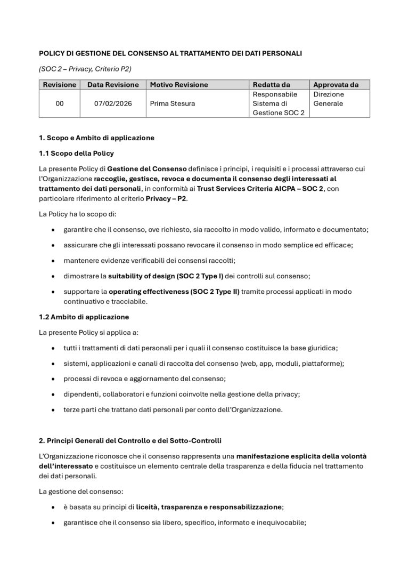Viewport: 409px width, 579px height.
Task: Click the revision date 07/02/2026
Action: (x=113, y=103)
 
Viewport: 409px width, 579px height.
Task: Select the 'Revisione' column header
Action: (x=60, y=85)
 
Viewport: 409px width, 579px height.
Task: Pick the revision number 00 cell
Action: (x=60, y=103)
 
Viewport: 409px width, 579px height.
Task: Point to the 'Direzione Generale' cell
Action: (x=329, y=99)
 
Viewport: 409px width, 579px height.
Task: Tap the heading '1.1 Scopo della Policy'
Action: (x=76, y=154)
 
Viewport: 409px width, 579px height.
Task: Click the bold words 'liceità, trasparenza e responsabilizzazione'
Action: (x=209, y=507)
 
